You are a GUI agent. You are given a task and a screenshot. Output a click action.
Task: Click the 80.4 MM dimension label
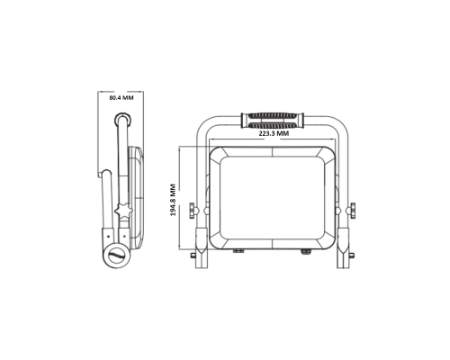point(121,98)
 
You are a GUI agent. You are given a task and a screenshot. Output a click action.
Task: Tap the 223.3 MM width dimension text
point(274,134)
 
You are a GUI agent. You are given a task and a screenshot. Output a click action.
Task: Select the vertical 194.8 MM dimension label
point(173,200)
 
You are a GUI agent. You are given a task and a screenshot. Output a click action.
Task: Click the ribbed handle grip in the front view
point(273,121)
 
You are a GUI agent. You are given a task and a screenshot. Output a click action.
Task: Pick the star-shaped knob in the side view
point(123,211)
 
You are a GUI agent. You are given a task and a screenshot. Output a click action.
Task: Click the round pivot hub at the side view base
point(117,256)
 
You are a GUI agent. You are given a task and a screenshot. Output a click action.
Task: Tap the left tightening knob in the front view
point(193,211)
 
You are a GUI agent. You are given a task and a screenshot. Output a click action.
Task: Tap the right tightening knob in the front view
point(352,211)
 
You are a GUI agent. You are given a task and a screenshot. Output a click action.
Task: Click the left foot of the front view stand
point(202,248)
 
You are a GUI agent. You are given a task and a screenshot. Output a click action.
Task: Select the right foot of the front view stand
point(343,248)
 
